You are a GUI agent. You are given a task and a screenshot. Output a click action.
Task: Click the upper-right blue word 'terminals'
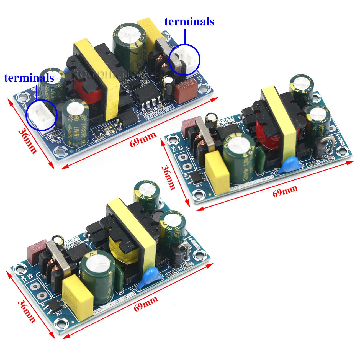189,22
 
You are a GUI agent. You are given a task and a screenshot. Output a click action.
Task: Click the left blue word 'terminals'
29,78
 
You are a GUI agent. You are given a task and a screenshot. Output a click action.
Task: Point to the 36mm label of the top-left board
27,141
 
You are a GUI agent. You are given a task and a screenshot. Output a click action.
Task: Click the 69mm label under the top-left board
143,139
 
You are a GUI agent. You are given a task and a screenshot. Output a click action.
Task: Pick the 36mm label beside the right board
168,178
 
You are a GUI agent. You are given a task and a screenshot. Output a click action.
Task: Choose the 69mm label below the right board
285,191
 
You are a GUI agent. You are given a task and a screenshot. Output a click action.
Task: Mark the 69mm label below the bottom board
146,303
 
